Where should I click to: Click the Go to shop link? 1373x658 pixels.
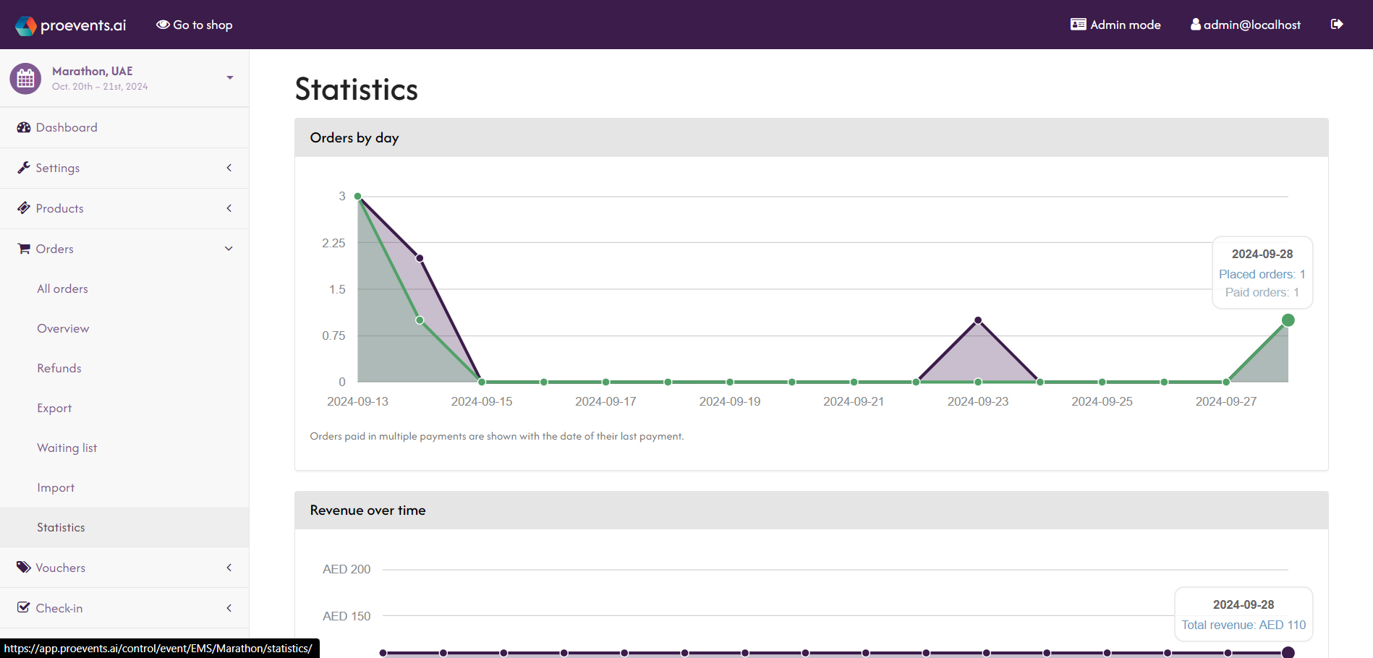click(195, 25)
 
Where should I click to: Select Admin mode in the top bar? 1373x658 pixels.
click(1115, 25)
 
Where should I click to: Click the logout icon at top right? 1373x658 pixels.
click(1337, 25)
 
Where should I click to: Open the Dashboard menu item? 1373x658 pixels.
click(67, 127)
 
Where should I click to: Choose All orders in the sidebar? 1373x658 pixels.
click(62, 289)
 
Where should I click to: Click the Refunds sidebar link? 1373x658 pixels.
click(59, 368)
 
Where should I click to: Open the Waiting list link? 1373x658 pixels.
click(67, 448)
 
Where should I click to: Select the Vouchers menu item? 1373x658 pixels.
click(61, 568)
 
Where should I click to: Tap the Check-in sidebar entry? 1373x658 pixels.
click(59, 608)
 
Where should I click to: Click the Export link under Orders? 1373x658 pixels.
click(54, 408)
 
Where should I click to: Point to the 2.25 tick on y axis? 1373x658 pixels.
click(333, 243)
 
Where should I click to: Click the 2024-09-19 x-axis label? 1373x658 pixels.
click(729, 401)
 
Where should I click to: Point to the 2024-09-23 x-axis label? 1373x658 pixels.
click(977, 401)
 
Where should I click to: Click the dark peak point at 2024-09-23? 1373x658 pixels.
click(978, 320)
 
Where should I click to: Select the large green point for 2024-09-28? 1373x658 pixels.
click(1288, 320)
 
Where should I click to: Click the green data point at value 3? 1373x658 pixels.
click(358, 196)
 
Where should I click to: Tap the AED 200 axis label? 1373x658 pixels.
click(347, 569)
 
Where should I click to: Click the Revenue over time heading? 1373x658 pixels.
click(367, 510)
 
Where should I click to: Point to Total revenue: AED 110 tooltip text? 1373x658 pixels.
click(1244, 625)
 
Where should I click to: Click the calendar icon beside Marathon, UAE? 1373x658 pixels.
click(25, 78)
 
